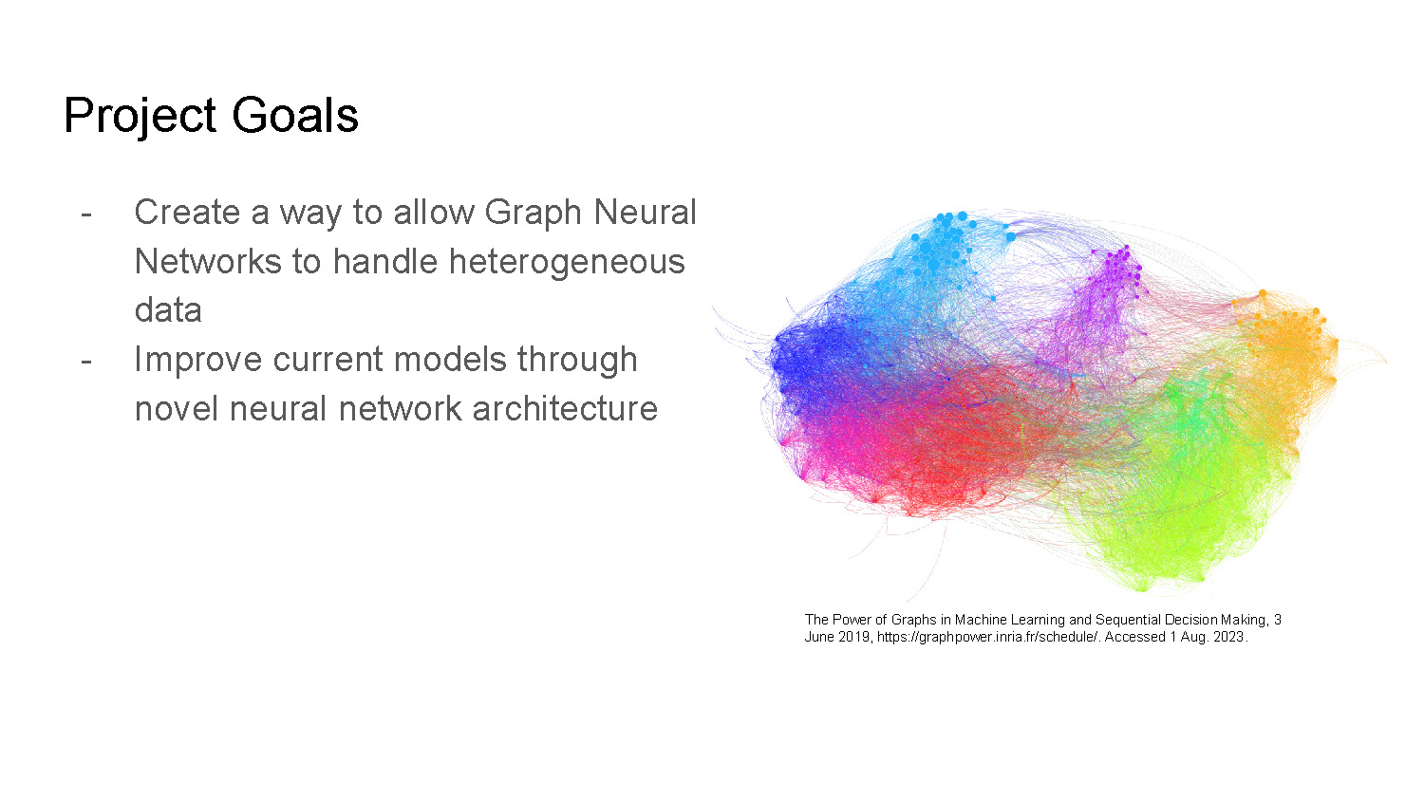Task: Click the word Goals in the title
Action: point(295,116)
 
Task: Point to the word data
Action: point(168,310)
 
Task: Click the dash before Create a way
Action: point(86,213)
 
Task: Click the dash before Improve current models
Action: point(86,360)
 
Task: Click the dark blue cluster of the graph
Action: point(816,361)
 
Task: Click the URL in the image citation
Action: point(987,637)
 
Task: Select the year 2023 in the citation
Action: point(1227,637)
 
